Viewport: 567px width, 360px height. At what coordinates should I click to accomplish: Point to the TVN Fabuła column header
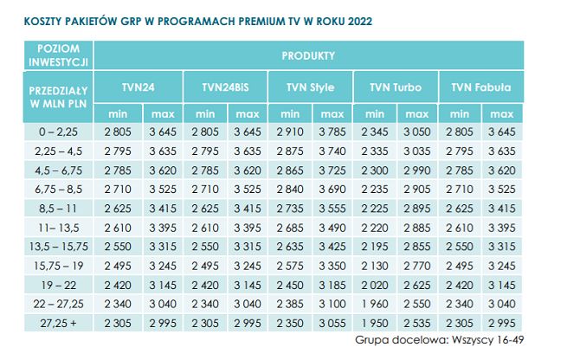click(480, 87)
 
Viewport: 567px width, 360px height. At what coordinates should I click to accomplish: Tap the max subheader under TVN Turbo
click(416, 113)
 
